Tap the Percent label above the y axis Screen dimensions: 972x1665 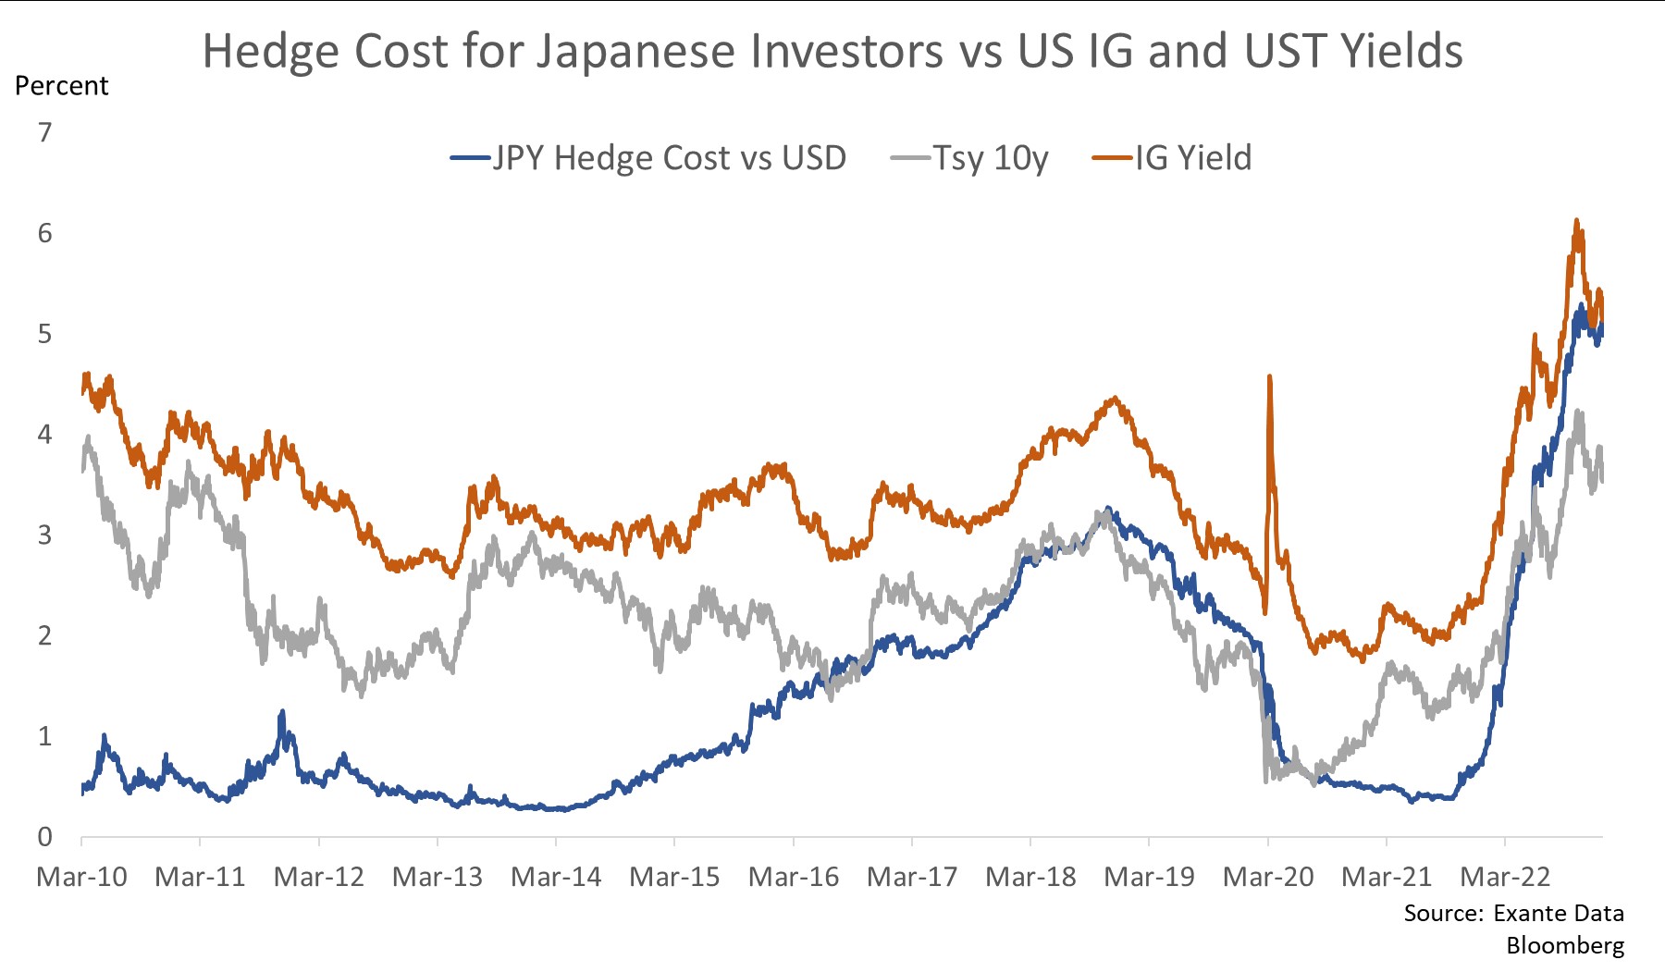point(62,86)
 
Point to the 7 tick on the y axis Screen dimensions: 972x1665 point(44,133)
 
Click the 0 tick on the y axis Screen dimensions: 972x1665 point(44,837)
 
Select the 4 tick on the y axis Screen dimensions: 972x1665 point(44,435)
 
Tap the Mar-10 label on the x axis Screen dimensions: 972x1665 point(81,877)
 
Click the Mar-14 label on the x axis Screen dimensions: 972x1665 point(556,877)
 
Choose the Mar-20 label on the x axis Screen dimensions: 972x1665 point(1267,877)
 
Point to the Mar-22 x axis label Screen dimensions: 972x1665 point(1505,877)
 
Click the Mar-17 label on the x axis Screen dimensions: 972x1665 point(912,877)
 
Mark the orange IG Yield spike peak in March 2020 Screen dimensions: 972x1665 point(1269,376)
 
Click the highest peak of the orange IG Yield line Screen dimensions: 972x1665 point(1576,221)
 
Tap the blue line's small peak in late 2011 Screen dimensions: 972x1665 point(282,712)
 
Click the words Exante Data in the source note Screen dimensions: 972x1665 point(1559,914)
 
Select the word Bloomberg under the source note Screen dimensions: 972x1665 point(1565,945)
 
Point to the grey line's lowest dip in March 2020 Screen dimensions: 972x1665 point(1265,781)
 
